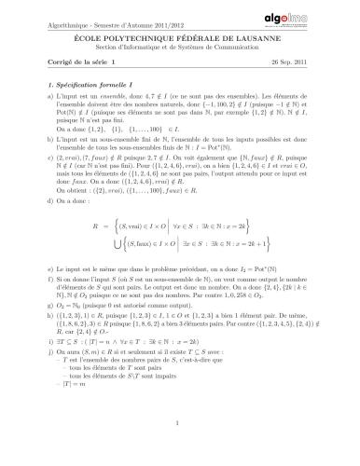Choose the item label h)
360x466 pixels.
pyautogui.click(x=38, y=368)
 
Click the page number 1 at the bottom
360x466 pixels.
pyautogui.click(x=179, y=450)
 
